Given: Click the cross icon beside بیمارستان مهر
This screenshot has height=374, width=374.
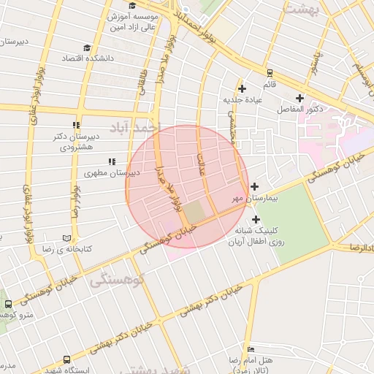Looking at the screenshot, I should pos(253,186).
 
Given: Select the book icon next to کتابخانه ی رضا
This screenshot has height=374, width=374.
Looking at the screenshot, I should pos(67,238).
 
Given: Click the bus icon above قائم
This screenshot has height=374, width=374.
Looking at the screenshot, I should pos(270,72).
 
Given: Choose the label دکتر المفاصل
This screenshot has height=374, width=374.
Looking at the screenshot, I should pos(300,109).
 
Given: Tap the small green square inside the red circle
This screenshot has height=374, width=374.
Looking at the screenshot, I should pos(194,212).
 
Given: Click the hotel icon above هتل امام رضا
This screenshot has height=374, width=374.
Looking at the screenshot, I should pos(251,350).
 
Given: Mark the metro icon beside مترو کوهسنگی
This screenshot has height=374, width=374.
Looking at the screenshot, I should pos(7,303).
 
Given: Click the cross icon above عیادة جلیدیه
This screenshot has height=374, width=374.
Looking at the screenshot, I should pos(242,88).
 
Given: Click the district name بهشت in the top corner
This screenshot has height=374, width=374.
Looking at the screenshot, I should pos(302,9).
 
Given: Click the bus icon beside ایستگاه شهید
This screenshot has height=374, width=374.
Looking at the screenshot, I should pos(67,360).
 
